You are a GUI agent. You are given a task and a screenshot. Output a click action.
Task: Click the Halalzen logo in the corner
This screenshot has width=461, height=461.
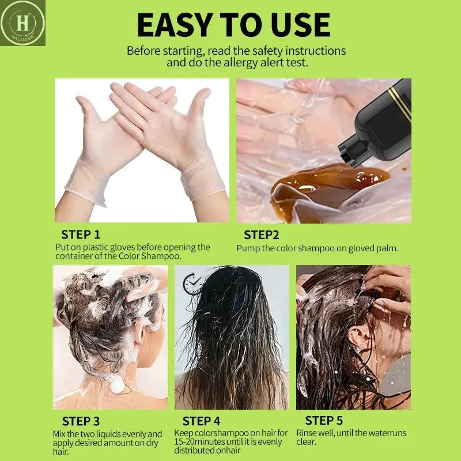22,23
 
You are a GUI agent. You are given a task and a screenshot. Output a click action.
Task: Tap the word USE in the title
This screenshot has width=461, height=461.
300,25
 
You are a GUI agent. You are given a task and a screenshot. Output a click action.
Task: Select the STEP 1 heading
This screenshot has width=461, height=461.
81,235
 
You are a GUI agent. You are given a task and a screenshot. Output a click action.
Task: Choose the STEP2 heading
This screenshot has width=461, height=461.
262,235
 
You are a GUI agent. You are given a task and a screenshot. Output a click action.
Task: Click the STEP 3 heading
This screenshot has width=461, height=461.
81,421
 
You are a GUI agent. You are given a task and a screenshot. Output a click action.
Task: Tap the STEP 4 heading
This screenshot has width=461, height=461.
201,421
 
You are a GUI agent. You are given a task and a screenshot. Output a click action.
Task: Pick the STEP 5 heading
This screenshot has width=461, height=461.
324,421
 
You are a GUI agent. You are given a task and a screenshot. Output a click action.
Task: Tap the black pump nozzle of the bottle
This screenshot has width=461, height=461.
352,152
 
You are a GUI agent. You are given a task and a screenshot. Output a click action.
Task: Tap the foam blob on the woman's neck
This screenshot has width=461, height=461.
117,384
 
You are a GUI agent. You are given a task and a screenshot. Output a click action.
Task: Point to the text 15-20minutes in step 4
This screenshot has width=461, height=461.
199,441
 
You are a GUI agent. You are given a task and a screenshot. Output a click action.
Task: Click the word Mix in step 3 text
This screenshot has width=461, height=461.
59,434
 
